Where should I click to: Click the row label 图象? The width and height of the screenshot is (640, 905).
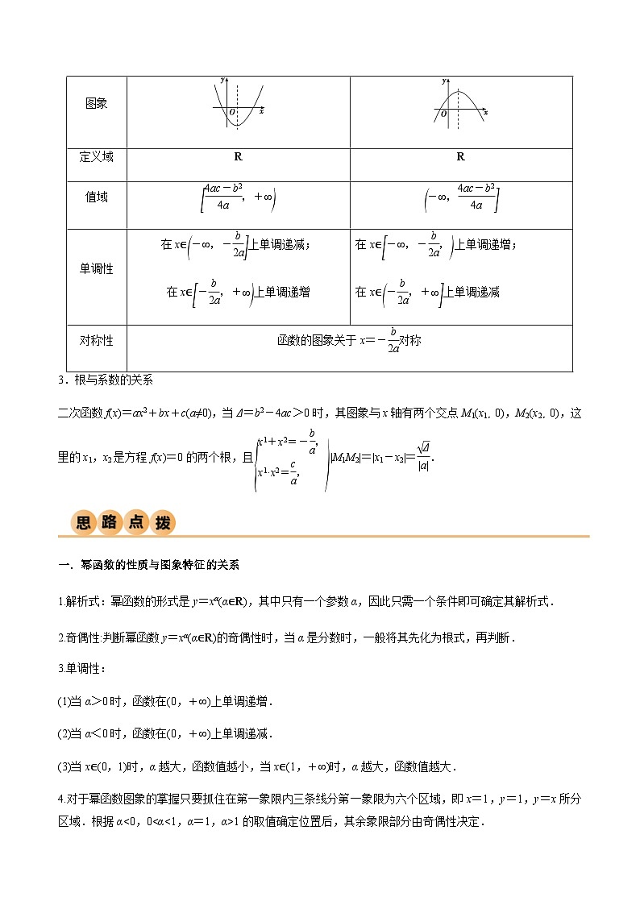point(96,104)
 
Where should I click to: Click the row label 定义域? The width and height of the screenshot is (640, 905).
point(96,156)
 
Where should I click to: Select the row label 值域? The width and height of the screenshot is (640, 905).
point(96,197)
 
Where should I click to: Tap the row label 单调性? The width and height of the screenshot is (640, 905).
point(96,269)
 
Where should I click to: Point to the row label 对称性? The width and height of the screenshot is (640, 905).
point(96,340)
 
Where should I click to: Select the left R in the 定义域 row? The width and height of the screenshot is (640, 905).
point(238,157)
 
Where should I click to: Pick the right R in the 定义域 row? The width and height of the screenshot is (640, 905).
point(460,157)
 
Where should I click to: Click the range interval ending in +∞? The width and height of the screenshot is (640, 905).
point(238,197)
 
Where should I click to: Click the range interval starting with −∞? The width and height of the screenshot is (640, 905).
point(460,197)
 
